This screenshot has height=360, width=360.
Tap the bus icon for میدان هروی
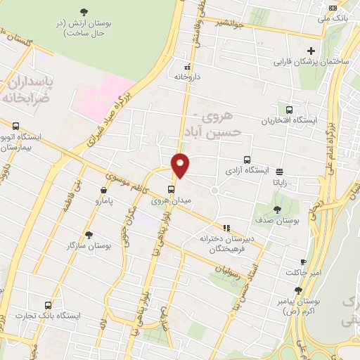click(172, 189)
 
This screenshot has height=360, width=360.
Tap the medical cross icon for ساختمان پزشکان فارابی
click(311, 51)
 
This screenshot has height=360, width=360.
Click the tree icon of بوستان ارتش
click(84, 12)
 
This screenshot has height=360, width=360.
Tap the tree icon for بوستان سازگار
click(89, 234)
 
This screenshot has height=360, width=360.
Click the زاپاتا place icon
click(280, 172)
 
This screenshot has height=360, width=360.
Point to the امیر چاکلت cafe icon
click(303, 261)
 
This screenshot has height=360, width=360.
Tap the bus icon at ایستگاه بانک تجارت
click(48, 305)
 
